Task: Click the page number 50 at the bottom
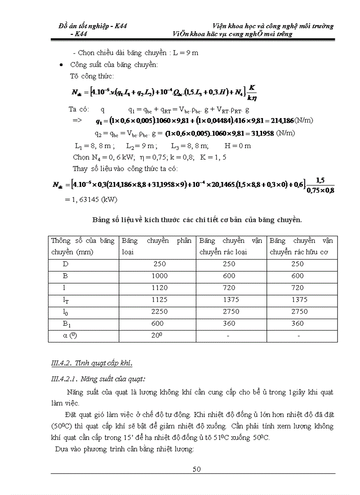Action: [197, 469]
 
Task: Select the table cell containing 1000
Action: [159, 276]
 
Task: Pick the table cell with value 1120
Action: [159, 288]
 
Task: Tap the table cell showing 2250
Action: [159, 312]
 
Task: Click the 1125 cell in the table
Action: [159, 300]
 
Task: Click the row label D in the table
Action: [66, 264]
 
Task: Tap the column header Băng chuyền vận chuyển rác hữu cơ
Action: [301, 246]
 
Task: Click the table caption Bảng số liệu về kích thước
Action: [196, 220]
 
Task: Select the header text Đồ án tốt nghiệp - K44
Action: [93, 26]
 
